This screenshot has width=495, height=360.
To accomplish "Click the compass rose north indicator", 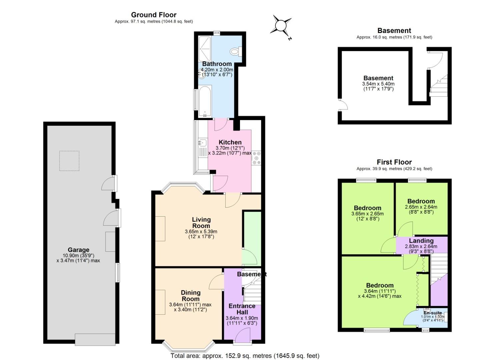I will tap(281, 26).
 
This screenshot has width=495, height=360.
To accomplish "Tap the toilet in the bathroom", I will tap(236, 51).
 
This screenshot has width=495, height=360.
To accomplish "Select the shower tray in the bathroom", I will tap(205, 48).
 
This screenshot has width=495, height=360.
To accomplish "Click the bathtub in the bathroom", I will tap(205, 101).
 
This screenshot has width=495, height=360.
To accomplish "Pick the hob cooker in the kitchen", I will tap(256, 158).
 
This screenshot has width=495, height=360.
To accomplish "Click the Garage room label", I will tap(78, 250).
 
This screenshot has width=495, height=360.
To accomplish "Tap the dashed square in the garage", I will tap(69, 161).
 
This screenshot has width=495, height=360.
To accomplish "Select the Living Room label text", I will tap(201, 223).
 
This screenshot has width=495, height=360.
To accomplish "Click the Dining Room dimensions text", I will tap(190, 307).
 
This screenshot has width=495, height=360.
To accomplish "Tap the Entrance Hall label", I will tap(242, 309).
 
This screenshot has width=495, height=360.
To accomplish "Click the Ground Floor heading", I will tap(154, 15).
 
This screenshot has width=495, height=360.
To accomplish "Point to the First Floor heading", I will tap(394, 162).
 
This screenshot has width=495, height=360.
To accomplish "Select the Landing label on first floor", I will tap(421, 241).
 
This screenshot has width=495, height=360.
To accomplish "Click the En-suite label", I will tap(433, 313).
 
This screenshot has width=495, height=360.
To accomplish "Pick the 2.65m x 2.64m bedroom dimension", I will tap(421, 209).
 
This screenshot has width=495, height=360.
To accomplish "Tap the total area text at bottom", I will tap(245, 356).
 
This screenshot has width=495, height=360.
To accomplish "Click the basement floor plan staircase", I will tap(438, 86).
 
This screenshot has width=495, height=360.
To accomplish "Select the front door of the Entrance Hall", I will tap(243, 335).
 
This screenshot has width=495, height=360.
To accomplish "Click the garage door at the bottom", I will tap(95, 339).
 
